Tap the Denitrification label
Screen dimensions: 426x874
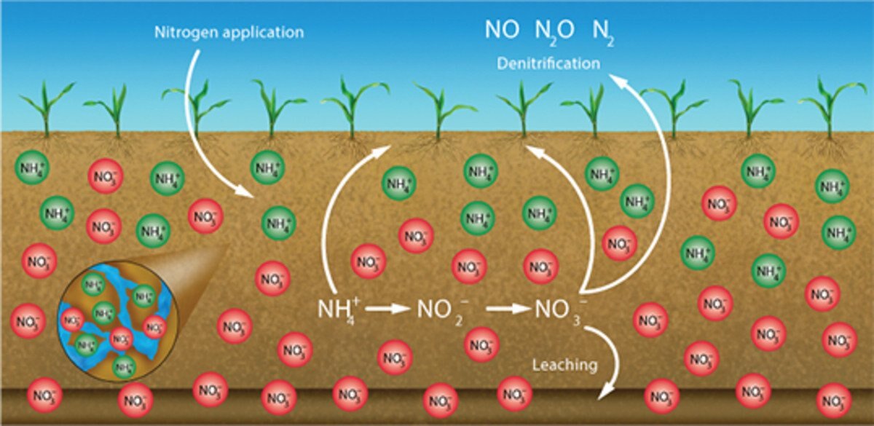(x=548, y=63)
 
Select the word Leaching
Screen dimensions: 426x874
(x=565, y=363)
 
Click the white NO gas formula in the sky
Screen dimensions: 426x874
(x=503, y=31)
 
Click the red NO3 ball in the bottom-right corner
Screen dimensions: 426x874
(x=834, y=400)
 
